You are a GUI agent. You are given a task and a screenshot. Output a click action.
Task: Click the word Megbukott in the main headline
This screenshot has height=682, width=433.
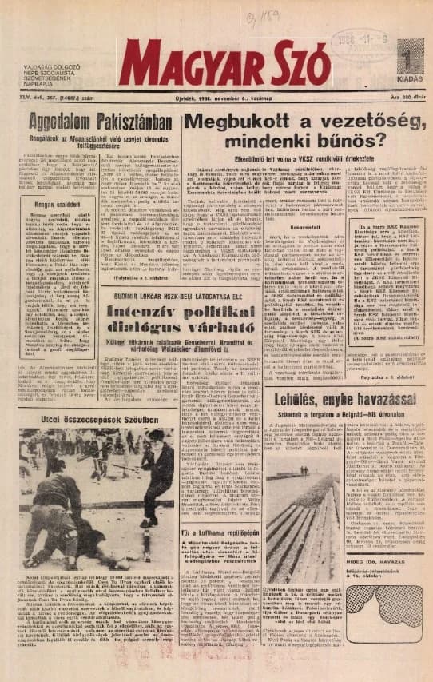pyautogui.click(x=244, y=122)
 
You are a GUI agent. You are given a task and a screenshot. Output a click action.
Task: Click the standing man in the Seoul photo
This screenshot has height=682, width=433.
pyautogui.click(x=151, y=480)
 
